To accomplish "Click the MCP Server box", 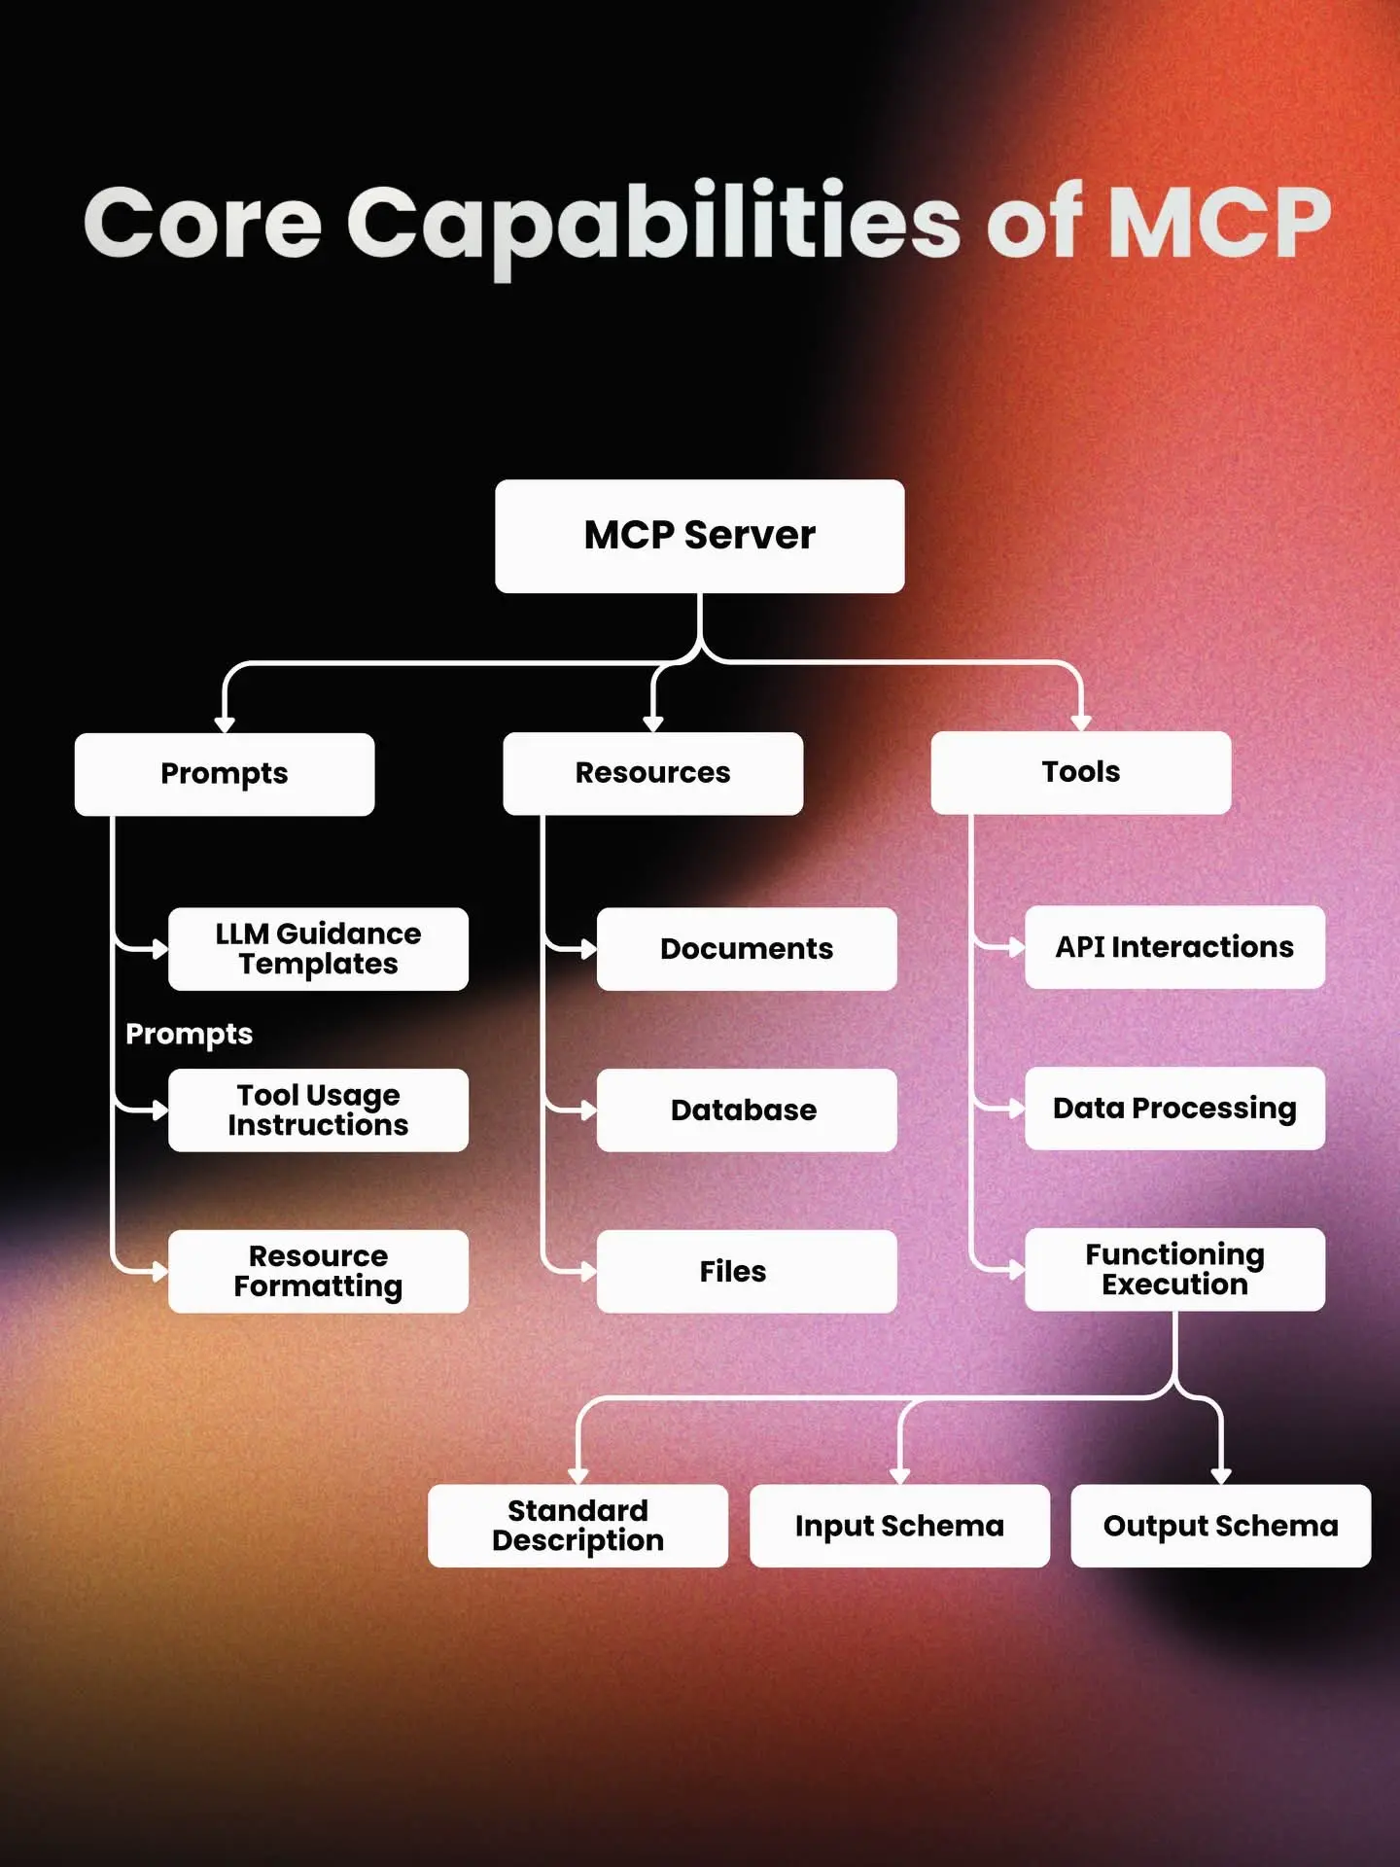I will pyautogui.click(x=699, y=536).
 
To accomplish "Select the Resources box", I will pyautogui.click(x=652, y=773).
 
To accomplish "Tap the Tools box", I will pyautogui.click(x=1080, y=772).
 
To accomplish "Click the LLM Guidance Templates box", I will pyautogui.click(x=318, y=949).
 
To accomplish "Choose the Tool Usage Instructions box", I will pyautogui.click(x=318, y=1110).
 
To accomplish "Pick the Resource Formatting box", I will pyautogui.click(x=318, y=1271).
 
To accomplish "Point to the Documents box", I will pyautogui.click(x=746, y=949).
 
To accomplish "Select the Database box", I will pyautogui.click(x=746, y=1110).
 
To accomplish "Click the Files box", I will pyautogui.click(x=746, y=1271).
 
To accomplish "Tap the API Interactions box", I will pyautogui.click(x=1174, y=947).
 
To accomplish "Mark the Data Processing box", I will pyautogui.click(x=1174, y=1109).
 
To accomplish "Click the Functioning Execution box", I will pyautogui.click(x=1174, y=1269).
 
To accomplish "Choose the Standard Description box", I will pyautogui.click(x=577, y=1526).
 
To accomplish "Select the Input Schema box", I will pyautogui.click(x=899, y=1526).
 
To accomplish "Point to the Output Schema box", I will pyautogui.click(x=1220, y=1526).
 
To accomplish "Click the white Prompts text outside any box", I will pyautogui.click(x=189, y=1034).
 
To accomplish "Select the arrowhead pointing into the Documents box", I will pyautogui.click(x=588, y=949).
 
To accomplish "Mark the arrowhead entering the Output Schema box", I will pyautogui.click(x=1221, y=1475).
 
